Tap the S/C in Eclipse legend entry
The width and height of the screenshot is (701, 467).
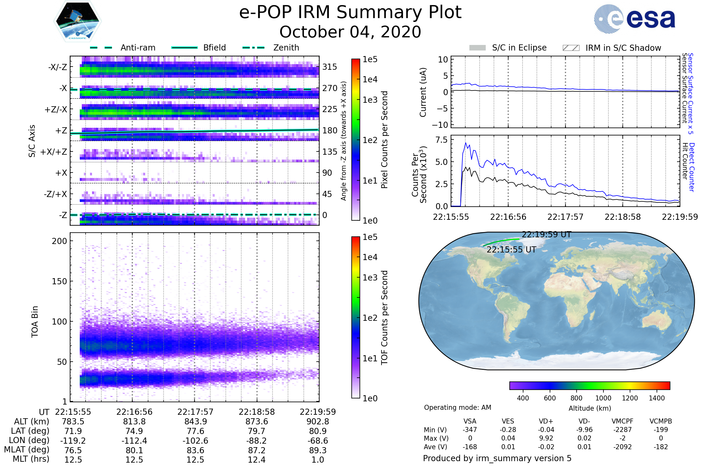tap(508, 48)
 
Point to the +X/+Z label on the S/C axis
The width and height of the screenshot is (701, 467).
tap(54, 152)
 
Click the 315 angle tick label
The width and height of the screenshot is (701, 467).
tap(330, 67)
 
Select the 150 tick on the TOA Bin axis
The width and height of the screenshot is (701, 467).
tap(59, 281)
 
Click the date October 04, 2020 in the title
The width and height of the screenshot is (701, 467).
tap(350, 32)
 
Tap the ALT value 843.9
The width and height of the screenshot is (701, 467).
tap(195, 422)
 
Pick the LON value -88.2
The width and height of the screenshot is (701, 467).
tap(257, 440)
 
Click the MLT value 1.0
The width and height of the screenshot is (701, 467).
tap(318, 459)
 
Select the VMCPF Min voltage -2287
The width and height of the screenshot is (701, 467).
tap(622, 430)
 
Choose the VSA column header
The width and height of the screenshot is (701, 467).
tap(470, 421)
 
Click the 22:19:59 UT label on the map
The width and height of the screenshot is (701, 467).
tap(546, 235)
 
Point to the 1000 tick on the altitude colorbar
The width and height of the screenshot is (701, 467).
tap(603, 398)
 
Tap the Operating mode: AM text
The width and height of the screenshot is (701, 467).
tap(457, 407)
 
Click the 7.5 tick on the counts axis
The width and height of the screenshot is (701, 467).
tap(441, 140)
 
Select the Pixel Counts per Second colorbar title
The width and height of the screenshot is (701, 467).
tap(384, 140)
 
